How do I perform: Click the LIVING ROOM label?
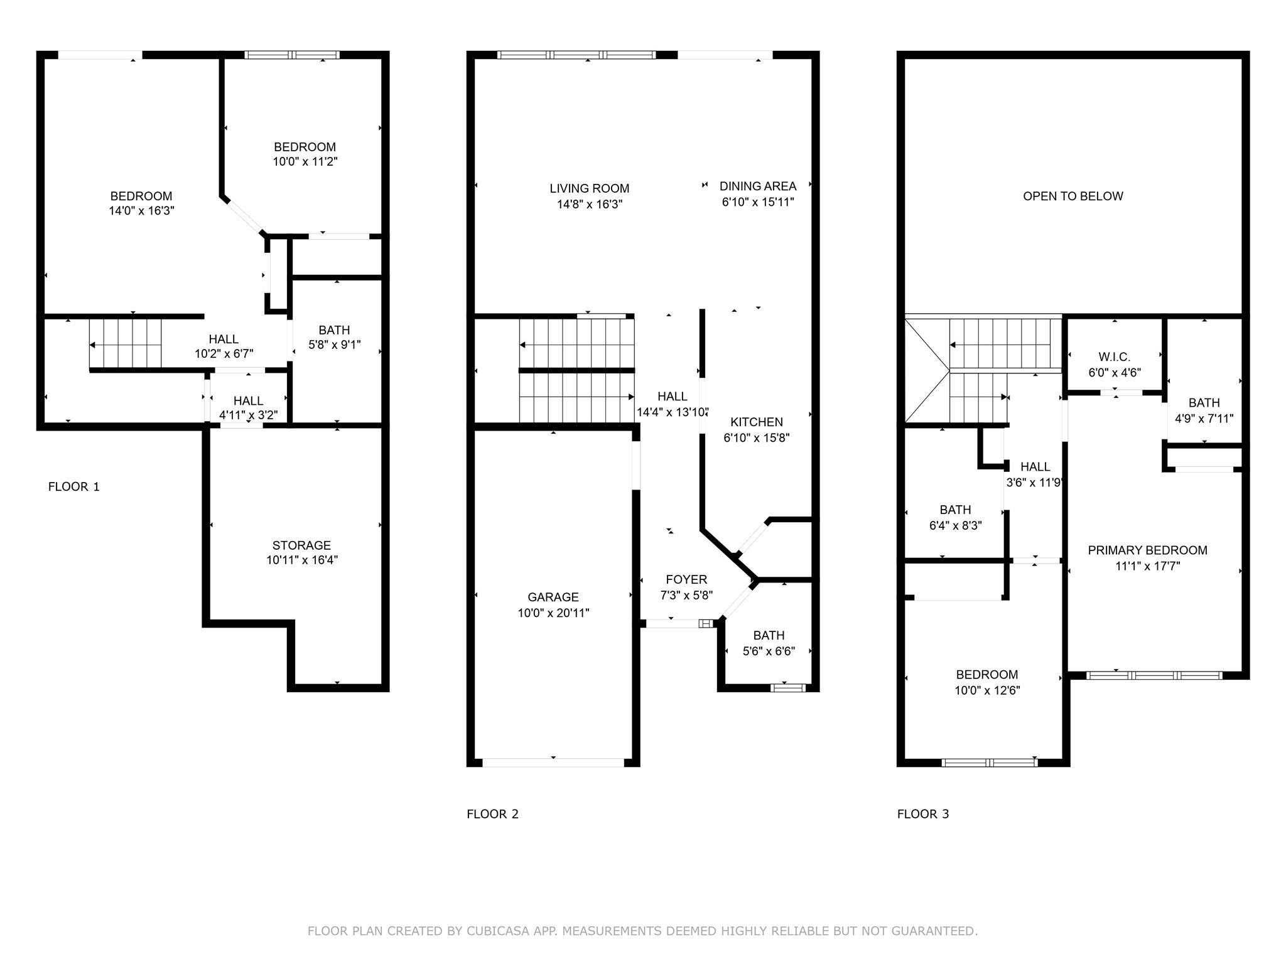pos(589,188)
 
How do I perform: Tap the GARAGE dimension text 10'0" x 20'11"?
pos(553,613)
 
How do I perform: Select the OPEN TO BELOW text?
pos(1073,196)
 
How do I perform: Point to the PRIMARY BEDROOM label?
pos(1147,550)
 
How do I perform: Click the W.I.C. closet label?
pos(1115,356)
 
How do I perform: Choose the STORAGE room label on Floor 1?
pos(301,545)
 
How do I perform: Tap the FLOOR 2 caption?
pos(492,814)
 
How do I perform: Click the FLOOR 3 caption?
pos(922,814)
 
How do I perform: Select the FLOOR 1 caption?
pos(73,486)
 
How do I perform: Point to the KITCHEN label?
pos(756,422)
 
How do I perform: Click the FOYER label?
pos(686,579)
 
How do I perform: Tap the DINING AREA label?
pos(757,186)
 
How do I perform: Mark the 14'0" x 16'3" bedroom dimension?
pos(141,211)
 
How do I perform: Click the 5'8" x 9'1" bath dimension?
pos(334,345)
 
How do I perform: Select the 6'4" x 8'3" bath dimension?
pos(955,525)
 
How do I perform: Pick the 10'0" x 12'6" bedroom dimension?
pos(987,690)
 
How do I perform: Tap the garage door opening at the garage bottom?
pos(553,763)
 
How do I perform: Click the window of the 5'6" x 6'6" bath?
pos(788,688)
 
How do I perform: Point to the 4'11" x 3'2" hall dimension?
pos(248,415)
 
